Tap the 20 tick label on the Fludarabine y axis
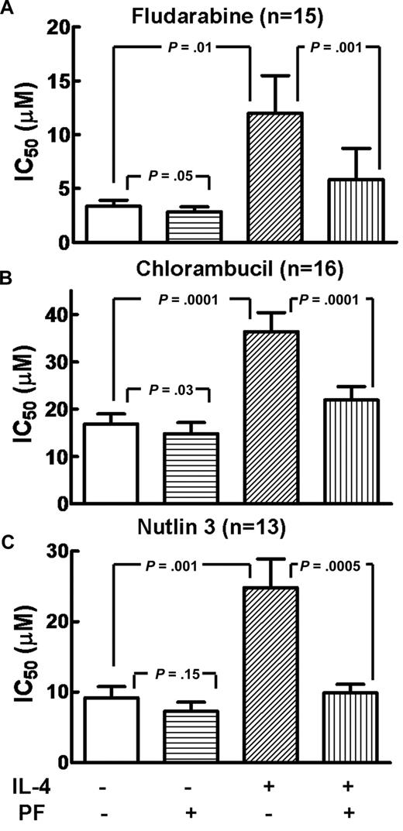click(60, 28)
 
